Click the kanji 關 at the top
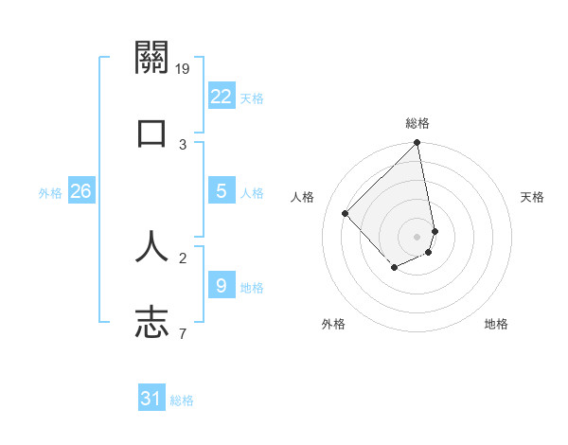(x=151, y=58)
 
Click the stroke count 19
(x=184, y=68)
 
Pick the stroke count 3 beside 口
(x=183, y=144)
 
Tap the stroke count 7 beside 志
(x=182, y=333)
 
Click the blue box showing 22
(x=221, y=96)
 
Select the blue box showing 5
(x=221, y=191)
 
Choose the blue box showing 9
(x=221, y=285)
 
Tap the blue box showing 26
(x=80, y=191)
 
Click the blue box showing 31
(x=151, y=399)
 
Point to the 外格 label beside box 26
(x=50, y=193)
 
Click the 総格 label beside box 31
(x=182, y=400)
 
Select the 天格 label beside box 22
(x=252, y=98)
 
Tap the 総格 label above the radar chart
(x=417, y=123)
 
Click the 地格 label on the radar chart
(x=496, y=324)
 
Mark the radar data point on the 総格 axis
(x=417, y=144)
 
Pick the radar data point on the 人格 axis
(x=346, y=214)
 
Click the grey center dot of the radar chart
(x=417, y=237)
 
